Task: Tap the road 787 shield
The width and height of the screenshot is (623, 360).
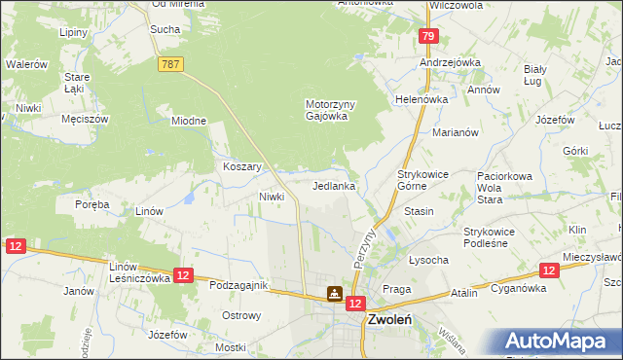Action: (169, 63)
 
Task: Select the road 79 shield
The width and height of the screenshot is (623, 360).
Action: (428, 36)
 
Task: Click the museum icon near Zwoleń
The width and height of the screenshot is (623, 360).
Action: (334, 293)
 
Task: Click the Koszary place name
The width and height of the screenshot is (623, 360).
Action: (242, 166)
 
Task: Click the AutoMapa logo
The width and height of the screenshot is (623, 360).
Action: (561, 342)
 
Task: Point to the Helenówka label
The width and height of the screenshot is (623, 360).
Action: (421, 99)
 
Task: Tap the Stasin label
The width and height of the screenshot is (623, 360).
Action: (418, 210)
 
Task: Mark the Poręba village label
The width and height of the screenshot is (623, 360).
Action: (92, 204)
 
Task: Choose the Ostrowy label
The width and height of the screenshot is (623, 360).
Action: (241, 315)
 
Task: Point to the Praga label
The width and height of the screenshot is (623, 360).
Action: (397, 289)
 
